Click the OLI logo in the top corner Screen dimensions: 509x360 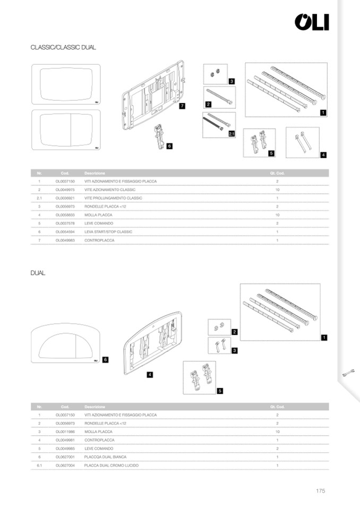tap(312, 22)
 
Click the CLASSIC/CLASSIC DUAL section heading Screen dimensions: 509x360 tap(63, 48)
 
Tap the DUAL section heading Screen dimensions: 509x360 tap(38, 273)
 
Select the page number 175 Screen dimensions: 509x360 tap(320, 491)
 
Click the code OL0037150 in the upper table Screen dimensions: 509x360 tap(65, 182)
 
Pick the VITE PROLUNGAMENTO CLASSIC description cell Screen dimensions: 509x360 tap(114, 198)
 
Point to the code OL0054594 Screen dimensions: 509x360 tap(65, 232)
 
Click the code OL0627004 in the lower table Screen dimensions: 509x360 tap(65, 465)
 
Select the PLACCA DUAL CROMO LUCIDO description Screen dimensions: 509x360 tap(112, 465)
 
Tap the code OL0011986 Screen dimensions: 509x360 tap(65, 432)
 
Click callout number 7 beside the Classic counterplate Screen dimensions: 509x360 tap(182, 106)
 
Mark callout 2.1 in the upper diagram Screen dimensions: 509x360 tap(232, 134)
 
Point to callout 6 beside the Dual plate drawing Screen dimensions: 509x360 tap(105, 360)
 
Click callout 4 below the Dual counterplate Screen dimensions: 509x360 tap(150, 375)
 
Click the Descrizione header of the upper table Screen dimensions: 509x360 tap(95, 173)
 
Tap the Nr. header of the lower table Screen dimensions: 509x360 tap(39, 407)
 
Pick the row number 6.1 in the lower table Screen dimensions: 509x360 tap(39, 465)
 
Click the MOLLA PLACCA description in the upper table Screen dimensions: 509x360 tap(100, 215)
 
